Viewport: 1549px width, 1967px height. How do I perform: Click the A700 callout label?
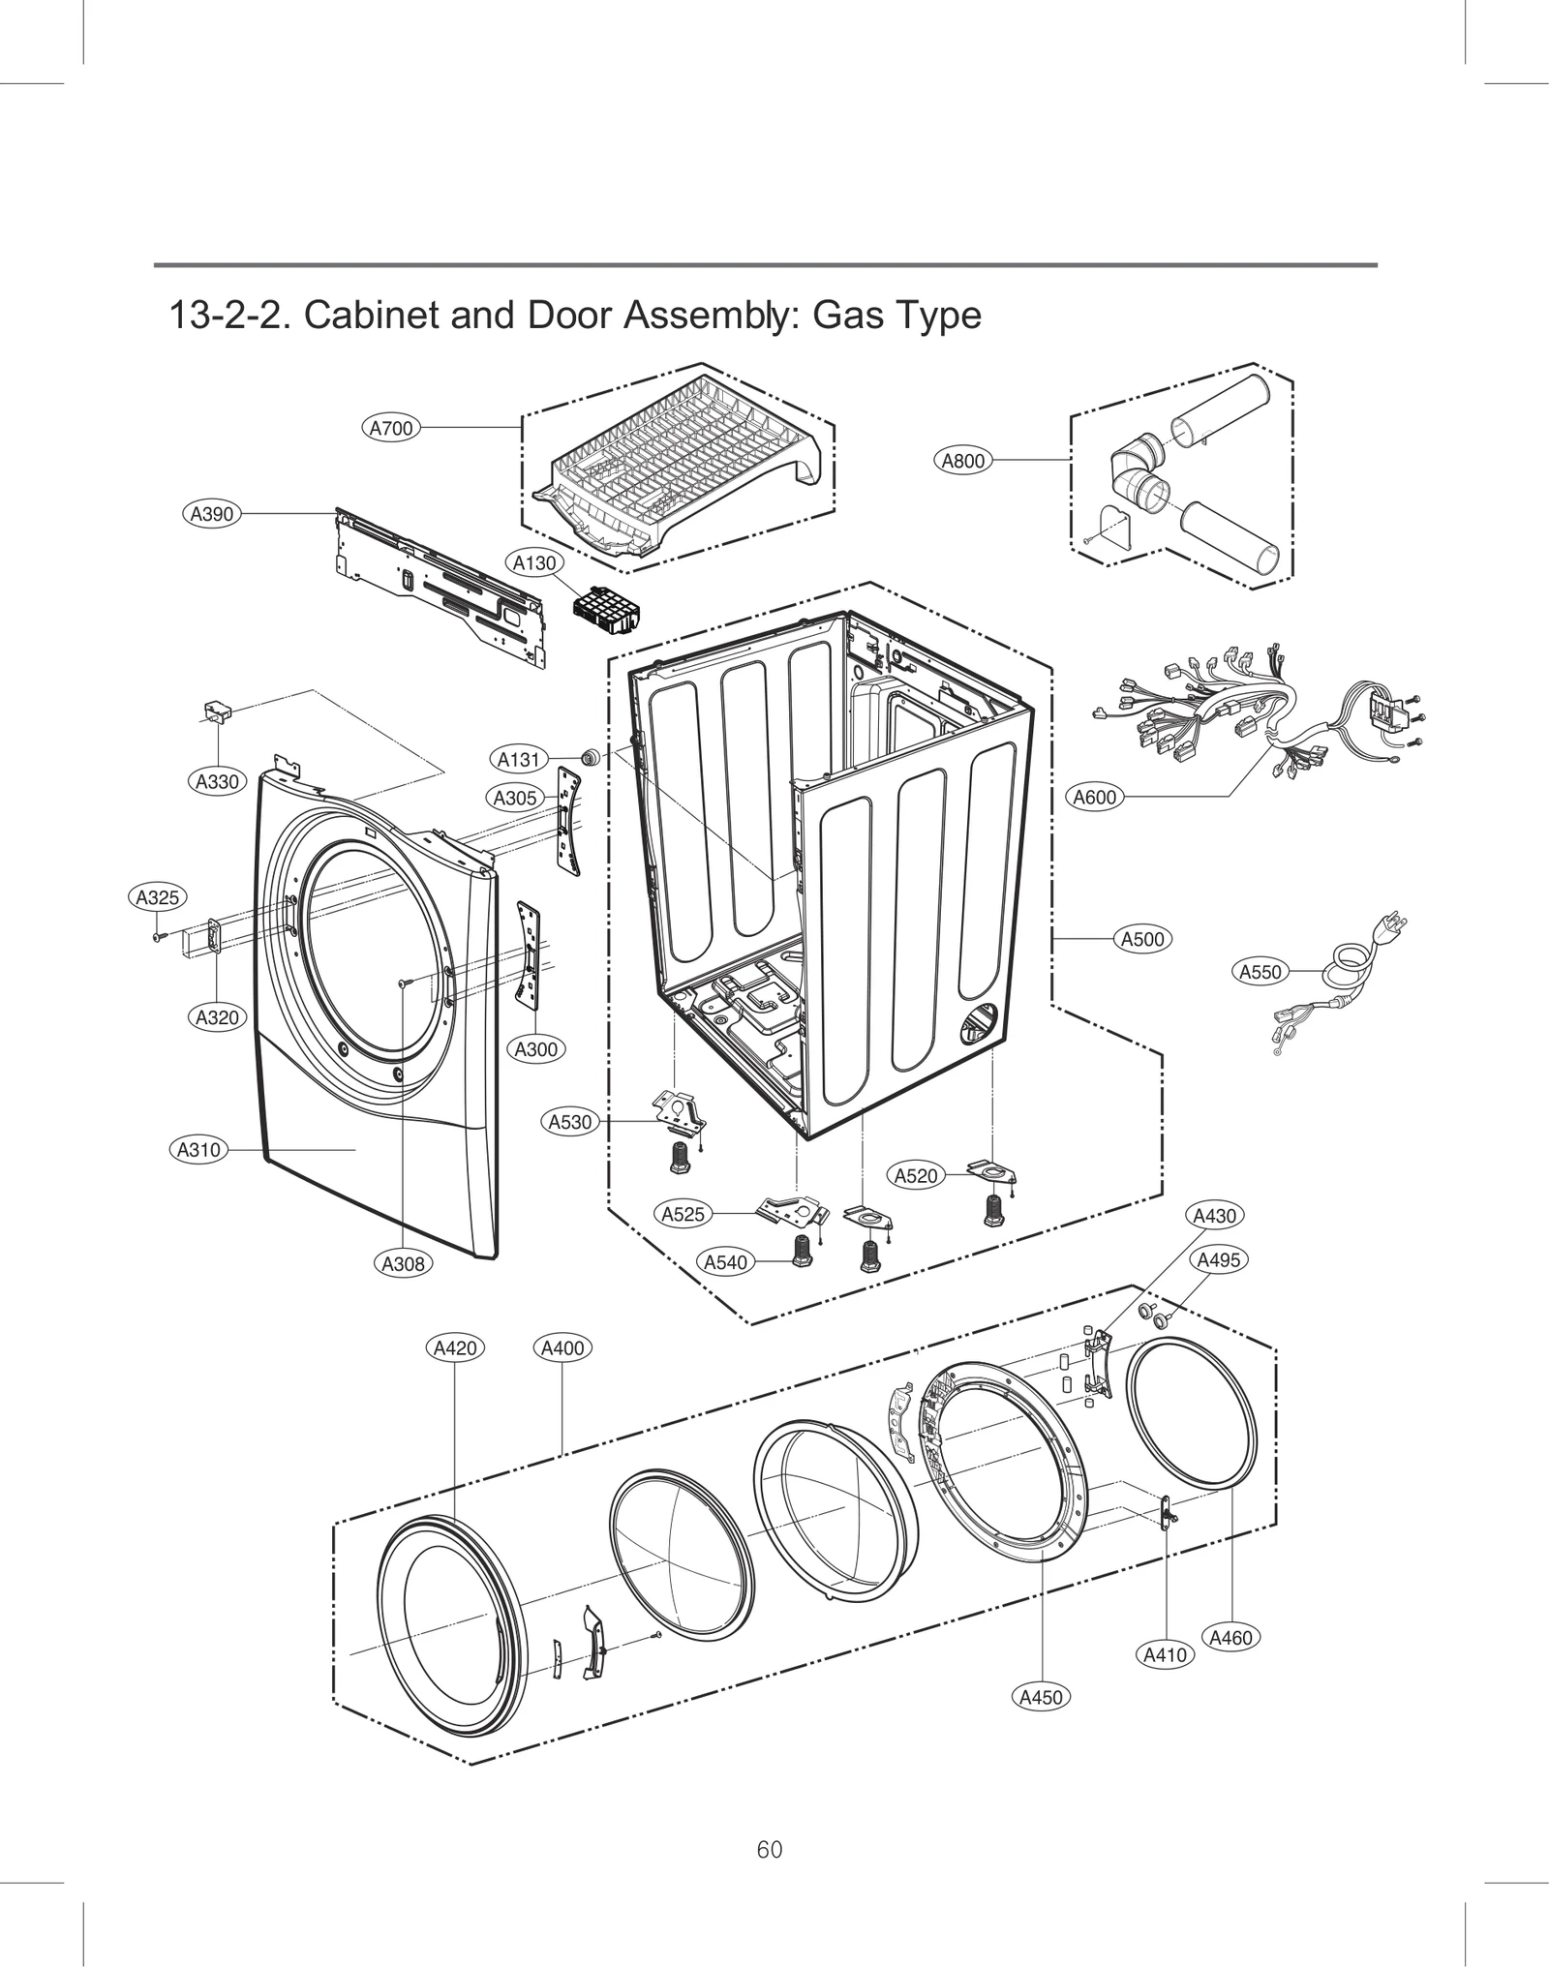[391, 428]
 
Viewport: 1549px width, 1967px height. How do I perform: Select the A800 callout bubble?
[963, 461]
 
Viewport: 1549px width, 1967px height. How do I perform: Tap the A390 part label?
[211, 514]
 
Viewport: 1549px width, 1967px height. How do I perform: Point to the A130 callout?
[534, 562]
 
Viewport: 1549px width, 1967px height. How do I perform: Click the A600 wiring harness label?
[1095, 798]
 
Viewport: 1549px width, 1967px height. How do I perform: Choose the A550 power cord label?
[1260, 972]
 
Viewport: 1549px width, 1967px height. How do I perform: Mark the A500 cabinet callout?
[1142, 939]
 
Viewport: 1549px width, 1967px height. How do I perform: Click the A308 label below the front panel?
[403, 1263]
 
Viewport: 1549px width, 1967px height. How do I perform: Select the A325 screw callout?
[157, 897]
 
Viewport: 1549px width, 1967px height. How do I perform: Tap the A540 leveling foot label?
[725, 1262]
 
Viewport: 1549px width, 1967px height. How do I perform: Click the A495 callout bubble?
[1218, 1260]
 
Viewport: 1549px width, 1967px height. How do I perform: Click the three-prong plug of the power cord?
[1392, 925]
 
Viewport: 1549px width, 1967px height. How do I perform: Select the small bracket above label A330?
[218, 713]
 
